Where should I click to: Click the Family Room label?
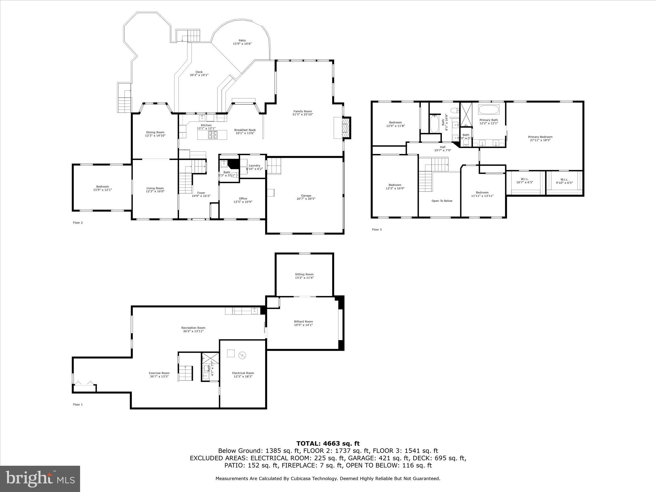pos(302,111)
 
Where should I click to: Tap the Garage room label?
pos(306,196)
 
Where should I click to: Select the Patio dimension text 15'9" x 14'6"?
pos(242,44)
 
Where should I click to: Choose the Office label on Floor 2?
pos(243,199)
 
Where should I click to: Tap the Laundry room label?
pos(254,166)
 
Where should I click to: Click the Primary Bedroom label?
pos(540,137)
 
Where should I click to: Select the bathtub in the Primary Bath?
pos(488,110)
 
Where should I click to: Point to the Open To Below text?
pos(442,201)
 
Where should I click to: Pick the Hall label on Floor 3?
pos(442,147)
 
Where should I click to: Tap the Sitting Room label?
pos(304,274)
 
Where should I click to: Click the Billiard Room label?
pos(303,322)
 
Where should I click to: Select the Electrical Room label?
pos(243,373)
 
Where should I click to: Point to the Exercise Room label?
pos(159,373)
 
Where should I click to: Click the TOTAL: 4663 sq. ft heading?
pos(328,443)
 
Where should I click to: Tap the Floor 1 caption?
pos(78,405)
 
